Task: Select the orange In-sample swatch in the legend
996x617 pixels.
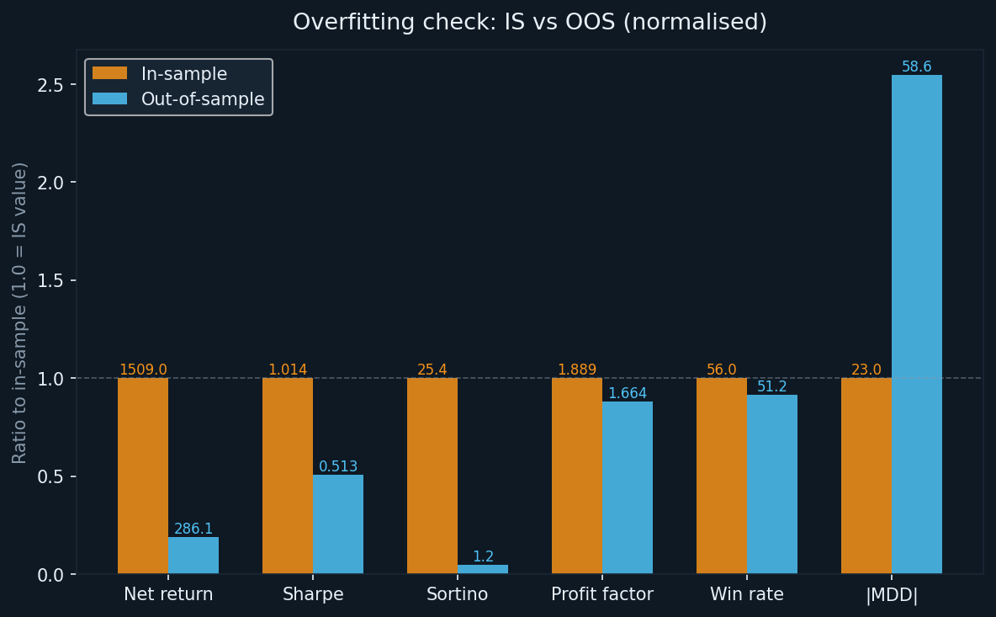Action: click(x=109, y=74)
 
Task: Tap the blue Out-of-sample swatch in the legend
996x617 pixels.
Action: click(x=109, y=99)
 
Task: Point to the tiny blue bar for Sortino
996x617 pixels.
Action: click(x=482, y=569)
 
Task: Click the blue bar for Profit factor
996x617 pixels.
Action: click(x=627, y=487)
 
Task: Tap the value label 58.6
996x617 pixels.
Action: click(x=916, y=67)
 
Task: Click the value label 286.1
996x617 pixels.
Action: click(x=193, y=529)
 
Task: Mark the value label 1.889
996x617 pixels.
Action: click(x=577, y=370)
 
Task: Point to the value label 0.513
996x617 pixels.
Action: click(x=338, y=467)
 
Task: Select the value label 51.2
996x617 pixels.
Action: click(x=771, y=387)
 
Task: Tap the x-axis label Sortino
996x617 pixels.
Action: click(x=457, y=595)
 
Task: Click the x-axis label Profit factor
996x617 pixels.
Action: click(x=602, y=595)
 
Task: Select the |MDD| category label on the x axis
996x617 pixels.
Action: click(x=892, y=595)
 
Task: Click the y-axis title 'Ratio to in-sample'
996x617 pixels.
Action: click(x=20, y=312)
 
